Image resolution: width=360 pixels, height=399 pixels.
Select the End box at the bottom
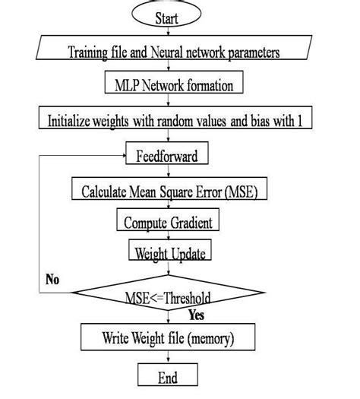(x=168, y=375)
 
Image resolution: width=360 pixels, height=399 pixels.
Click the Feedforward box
(x=168, y=156)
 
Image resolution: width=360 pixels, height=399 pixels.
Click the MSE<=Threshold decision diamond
(x=168, y=293)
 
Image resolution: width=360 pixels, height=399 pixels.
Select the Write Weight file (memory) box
(x=168, y=336)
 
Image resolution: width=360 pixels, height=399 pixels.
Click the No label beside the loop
(x=52, y=280)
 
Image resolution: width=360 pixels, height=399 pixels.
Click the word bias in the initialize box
(x=244, y=120)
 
